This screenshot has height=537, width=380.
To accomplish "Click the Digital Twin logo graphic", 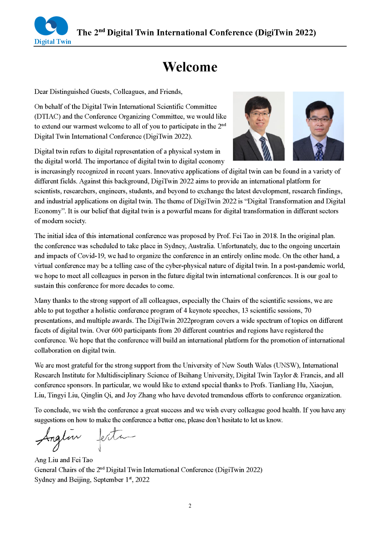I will tap(51, 26).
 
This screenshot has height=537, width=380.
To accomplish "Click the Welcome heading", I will tap(190, 67).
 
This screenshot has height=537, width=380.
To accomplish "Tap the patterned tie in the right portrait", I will tap(319, 152).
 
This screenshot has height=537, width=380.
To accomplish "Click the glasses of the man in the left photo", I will tap(259, 114).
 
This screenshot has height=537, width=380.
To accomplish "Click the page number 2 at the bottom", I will tap(190, 506).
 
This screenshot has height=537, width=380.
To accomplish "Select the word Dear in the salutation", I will tap(41, 92).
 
